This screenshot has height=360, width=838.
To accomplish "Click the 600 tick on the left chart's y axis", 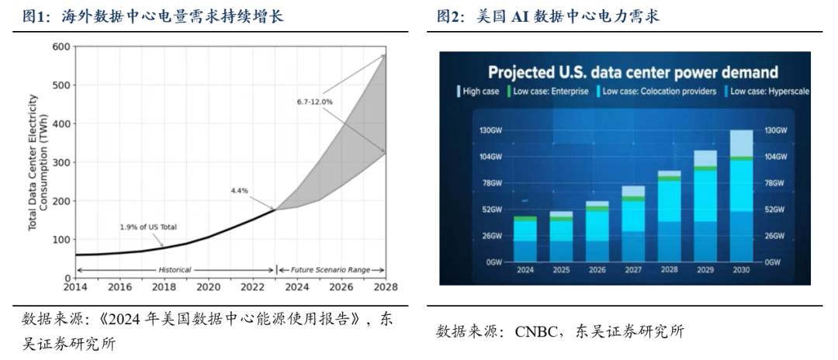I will click(x=61, y=47).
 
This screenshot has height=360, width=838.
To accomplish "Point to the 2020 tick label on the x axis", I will click(x=207, y=287).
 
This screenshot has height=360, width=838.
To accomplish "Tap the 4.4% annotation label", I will click(x=241, y=190).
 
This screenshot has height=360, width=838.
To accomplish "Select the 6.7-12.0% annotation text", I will click(x=314, y=102).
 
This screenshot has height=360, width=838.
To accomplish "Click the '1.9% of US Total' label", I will click(x=148, y=227).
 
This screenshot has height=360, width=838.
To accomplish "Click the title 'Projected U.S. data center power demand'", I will click(x=632, y=73).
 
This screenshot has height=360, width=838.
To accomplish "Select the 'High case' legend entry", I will click(x=480, y=92).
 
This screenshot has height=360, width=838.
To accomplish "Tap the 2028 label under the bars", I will click(x=669, y=269).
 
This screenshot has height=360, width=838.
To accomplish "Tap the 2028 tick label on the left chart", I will click(x=383, y=287).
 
